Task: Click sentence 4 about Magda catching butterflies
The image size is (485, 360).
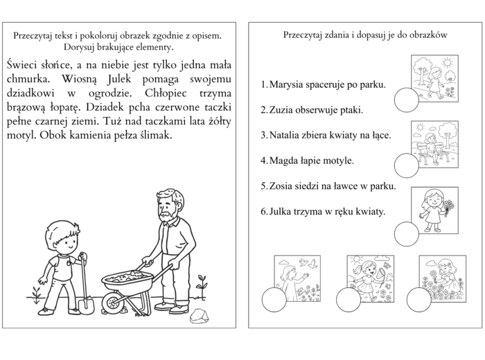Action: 307,160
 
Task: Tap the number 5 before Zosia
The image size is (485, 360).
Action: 264,186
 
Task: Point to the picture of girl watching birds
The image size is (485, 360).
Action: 297,278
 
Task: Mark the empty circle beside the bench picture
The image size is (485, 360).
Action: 406,166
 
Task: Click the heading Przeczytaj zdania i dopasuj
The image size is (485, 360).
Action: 364,34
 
